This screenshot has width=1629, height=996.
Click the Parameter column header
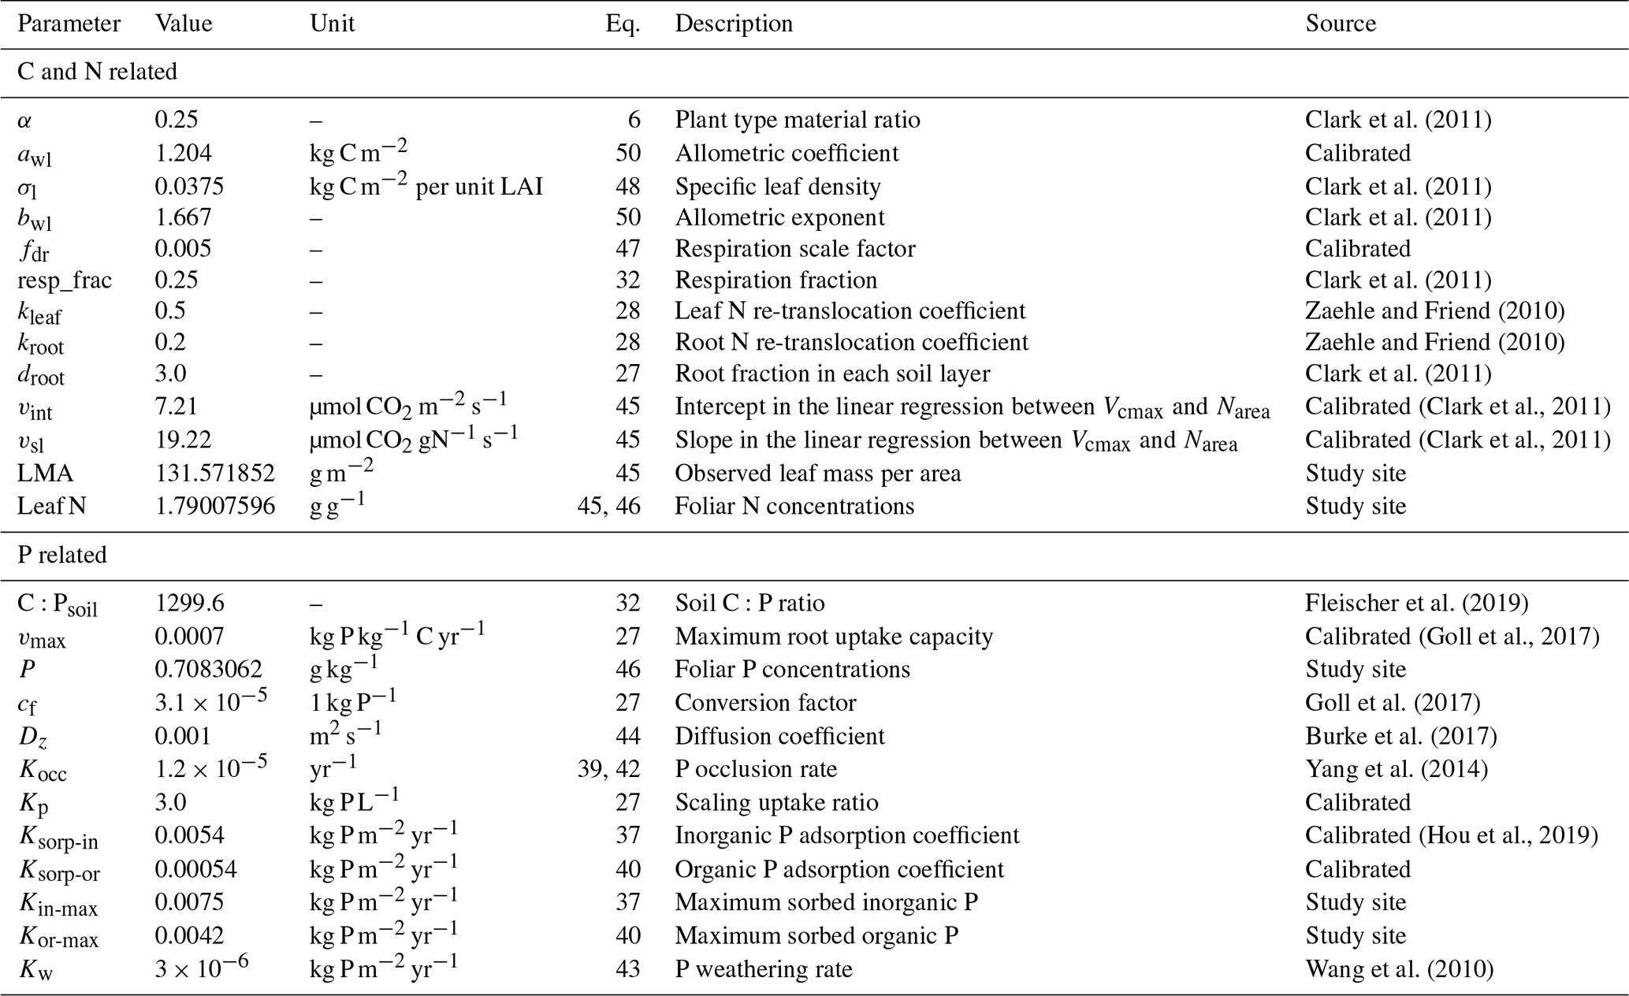pos(69,24)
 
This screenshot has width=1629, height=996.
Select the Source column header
pos(1340,24)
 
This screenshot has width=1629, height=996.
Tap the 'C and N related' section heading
pos(97,72)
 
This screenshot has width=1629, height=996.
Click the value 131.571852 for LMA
pos(214,473)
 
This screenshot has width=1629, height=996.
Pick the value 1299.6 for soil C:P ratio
pos(189,603)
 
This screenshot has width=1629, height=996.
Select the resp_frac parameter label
pos(65,281)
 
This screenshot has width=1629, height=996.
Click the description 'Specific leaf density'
pos(777,186)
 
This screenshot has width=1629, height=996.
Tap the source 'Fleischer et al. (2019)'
pos(1416,603)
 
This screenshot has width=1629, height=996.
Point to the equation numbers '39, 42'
pos(608,768)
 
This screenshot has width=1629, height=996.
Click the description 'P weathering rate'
pos(763,968)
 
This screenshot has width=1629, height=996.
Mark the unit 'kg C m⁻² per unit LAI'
pos(426,186)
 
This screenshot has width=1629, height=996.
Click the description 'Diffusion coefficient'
pos(779,736)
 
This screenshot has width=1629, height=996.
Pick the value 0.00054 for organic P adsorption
pos(195,869)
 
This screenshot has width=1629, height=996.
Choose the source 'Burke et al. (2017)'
pos(1400,736)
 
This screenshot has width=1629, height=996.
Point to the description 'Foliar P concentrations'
pos(792,669)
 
